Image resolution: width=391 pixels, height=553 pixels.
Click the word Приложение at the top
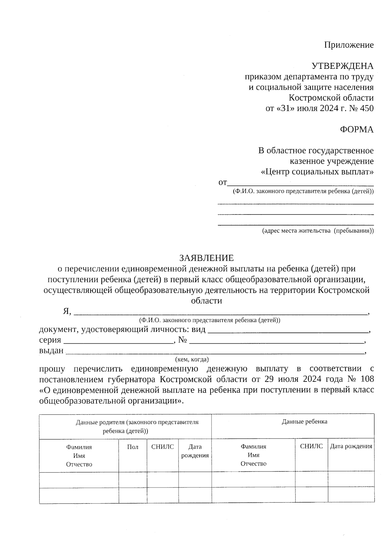click(349, 45)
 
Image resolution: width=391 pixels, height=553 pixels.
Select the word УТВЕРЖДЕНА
click(342, 66)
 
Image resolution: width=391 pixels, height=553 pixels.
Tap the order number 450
click(367, 108)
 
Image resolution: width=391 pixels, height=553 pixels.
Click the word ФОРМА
click(356, 129)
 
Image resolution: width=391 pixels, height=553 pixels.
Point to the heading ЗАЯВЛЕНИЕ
click(206, 258)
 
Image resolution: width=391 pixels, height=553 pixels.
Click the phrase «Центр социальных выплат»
click(317, 172)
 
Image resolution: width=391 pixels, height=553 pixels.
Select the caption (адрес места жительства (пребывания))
click(318, 231)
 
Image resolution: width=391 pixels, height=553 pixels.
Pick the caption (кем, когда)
click(192, 360)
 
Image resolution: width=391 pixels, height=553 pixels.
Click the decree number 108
click(368, 379)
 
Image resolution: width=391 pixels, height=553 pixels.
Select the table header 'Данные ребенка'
click(304, 422)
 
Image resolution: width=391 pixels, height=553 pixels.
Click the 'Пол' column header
click(133, 447)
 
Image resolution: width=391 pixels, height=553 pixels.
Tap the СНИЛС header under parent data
click(163, 447)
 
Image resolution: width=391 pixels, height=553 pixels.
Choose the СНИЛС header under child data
click(311, 446)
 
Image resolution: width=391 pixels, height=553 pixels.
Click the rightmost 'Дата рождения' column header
click(351, 446)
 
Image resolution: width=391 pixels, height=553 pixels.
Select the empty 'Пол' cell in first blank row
click(133, 480)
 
